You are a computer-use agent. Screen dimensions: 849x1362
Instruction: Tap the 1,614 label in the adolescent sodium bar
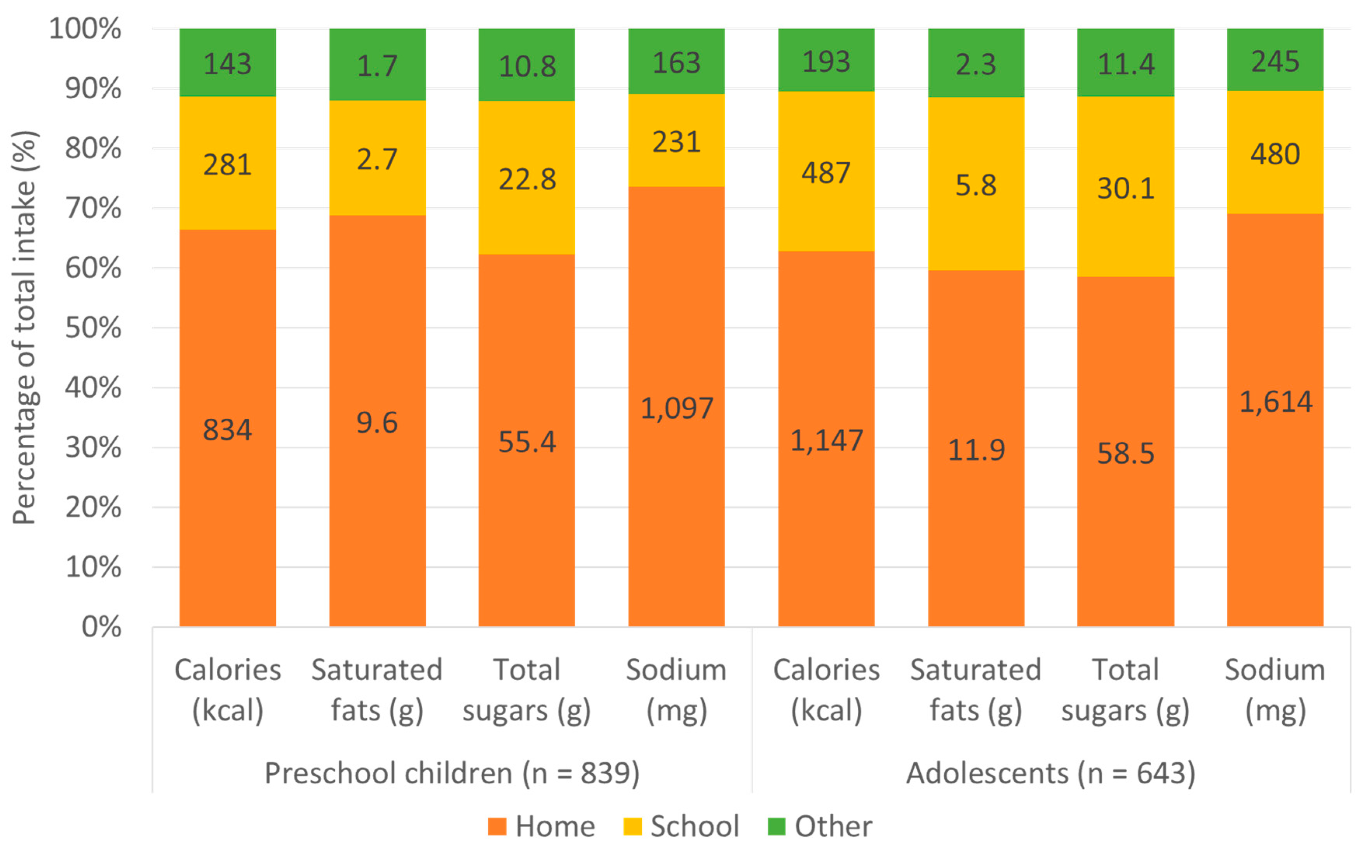(x=1275, y=402)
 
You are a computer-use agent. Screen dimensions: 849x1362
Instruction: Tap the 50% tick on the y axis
(x=93, y=328)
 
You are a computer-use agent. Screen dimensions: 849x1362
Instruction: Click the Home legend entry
(x=542, y=826)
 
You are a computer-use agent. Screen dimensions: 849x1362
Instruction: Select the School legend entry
(x=681, y=826)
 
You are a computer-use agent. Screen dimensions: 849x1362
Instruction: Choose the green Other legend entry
(x=820, y=826)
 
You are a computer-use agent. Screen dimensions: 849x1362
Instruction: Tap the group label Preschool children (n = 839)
(x=452, y=773)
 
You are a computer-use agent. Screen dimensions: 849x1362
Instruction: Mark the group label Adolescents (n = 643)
(x=1050, y=773)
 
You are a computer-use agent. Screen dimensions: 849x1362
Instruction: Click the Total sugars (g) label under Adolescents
(x=1125, y=690)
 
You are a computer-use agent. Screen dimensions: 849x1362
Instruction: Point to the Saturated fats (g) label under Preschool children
(x=377, y=690)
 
